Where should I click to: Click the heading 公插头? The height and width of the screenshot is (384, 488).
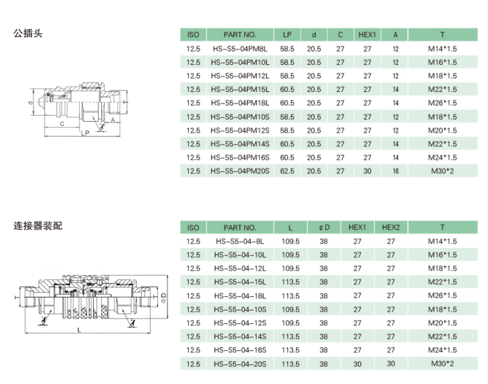pyautogui.click(x=28, y=33)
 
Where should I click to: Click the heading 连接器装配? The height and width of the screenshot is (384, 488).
pyautogui.click(x=38, y=226)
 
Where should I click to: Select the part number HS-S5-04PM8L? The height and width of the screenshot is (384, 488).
pyautogui.click(x=240, y=49)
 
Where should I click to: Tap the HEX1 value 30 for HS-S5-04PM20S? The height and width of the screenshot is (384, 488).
pyautogui.click(x=367, y=171)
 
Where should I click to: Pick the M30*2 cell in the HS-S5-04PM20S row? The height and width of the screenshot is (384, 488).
pyautogui.click(x=442, y=171)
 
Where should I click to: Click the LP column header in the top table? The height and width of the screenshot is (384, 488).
pyautogui.click(x=287, y=34)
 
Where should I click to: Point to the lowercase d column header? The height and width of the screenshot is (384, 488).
pyautogui.click(x=314, y=34)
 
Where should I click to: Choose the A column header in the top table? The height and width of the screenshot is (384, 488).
pyautogui.click(x=396, y=34)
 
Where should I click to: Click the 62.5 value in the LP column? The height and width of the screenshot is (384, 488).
pyautogui.click(x=287, y=171)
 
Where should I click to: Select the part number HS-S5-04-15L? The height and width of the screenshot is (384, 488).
pyautogui.click(x=240, y=282)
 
